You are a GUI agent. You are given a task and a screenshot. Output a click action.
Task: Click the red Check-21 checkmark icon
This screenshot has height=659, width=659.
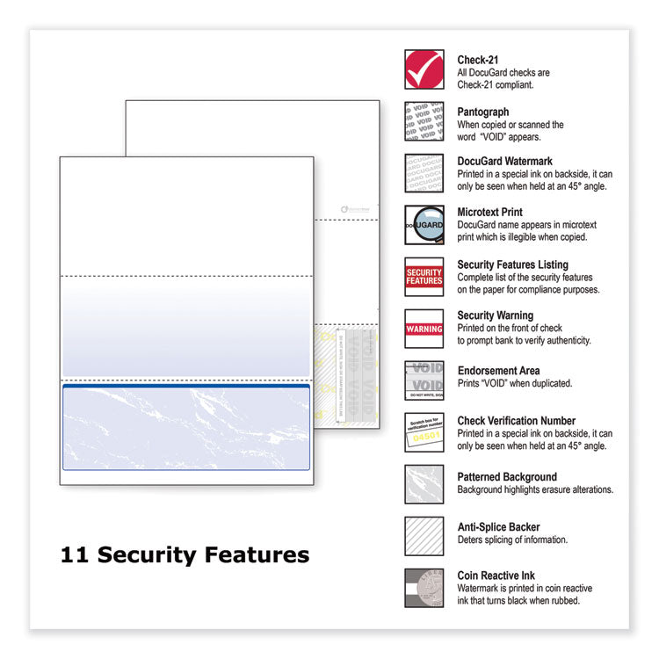(x=424, y=69)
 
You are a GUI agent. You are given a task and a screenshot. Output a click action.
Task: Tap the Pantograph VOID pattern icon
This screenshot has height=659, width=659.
(x=424, y=120)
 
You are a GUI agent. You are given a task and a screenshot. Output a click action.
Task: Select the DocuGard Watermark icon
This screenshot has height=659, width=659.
(x=424, y=173)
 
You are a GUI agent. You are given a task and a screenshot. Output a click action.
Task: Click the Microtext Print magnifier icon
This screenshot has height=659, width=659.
(x=424, y=225)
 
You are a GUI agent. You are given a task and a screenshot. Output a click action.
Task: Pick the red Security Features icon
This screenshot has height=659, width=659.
(x=424, y=277)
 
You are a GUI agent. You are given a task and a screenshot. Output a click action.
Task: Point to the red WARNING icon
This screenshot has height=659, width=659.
(x=424, y=329)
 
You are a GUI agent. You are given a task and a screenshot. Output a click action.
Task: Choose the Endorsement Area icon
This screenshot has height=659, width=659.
(x=424, y=380)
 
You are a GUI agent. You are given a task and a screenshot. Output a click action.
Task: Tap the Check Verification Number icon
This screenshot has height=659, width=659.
(x=424, y=432)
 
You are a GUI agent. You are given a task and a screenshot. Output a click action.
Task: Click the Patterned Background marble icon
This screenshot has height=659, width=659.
(x=424, y=484)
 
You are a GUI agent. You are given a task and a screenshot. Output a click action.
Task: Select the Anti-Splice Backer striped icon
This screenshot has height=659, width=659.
(x=424, y=536)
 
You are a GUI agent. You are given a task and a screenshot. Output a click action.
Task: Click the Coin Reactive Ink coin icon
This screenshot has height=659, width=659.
(x=424, y=588)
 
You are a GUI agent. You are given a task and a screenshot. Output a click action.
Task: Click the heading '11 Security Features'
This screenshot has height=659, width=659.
(x=185, y=555)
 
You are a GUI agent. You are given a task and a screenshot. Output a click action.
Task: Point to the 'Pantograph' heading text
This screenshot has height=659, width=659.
(x=482, y=112)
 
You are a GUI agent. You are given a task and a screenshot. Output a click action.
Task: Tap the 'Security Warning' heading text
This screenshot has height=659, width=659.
(x=495, y=315)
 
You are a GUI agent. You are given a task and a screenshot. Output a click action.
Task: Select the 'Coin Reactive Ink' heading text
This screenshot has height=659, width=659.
(x=496, y=576)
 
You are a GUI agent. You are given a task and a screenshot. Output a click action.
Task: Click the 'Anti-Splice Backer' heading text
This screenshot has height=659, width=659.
(x=498, y=527)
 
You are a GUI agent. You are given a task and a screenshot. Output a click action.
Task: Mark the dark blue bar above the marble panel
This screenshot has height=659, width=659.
(x=185, y=386)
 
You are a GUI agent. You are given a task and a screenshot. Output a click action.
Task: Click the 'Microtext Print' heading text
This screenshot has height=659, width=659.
(x=489, y=213)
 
